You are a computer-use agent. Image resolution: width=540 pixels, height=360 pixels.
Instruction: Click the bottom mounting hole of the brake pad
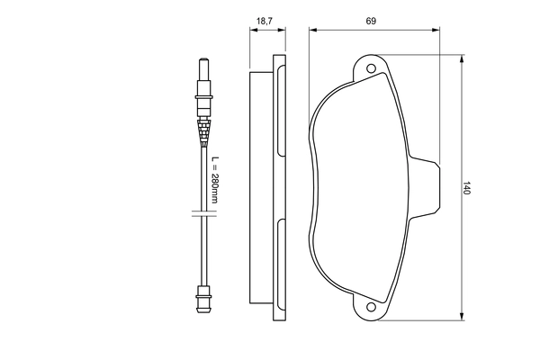coord(369,309)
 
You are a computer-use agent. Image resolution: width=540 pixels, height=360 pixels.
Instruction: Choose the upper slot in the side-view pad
coord(280,112)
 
